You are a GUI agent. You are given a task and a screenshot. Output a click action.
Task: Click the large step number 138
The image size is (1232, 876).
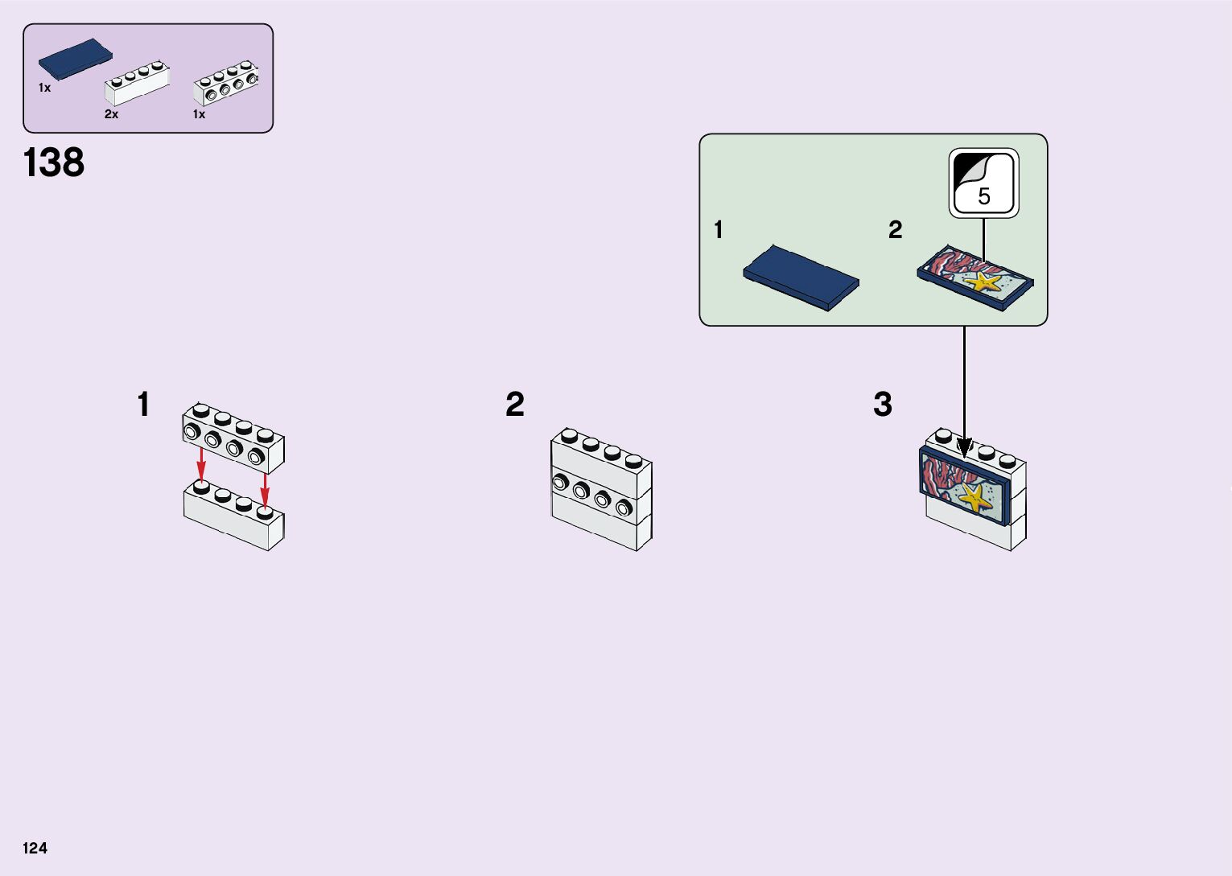tap(54, 162)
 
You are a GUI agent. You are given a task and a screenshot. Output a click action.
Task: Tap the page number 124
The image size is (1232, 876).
tap(35, 848)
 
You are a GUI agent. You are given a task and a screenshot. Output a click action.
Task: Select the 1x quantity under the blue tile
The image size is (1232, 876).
tap(44, 88)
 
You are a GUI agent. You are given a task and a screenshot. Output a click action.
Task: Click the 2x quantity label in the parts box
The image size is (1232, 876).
tap(111, 114)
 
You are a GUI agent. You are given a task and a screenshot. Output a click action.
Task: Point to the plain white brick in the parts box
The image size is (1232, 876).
tap(137, 84)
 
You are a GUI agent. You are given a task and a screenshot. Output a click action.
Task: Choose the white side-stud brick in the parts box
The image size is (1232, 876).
tap(226, 84)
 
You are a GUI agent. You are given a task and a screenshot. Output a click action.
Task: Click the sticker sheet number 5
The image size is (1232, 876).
tap(984, 196)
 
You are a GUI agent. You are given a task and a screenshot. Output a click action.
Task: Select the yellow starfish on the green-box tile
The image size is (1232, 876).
tap(984, 282)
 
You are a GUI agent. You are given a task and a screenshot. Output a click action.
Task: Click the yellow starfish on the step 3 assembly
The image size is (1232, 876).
tap(974, 498)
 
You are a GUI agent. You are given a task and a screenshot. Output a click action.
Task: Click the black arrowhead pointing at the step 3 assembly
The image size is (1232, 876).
tap(964, 447)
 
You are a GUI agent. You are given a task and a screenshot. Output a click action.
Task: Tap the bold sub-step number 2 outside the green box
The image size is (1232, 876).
tap(515, 404)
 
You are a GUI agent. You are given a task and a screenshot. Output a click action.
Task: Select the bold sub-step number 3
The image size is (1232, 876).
tap(883, 404)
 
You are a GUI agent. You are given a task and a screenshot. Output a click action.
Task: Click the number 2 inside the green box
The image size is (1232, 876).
tap(896, 230)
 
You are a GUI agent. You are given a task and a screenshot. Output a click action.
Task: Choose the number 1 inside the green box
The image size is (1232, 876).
tap(719, 230)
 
